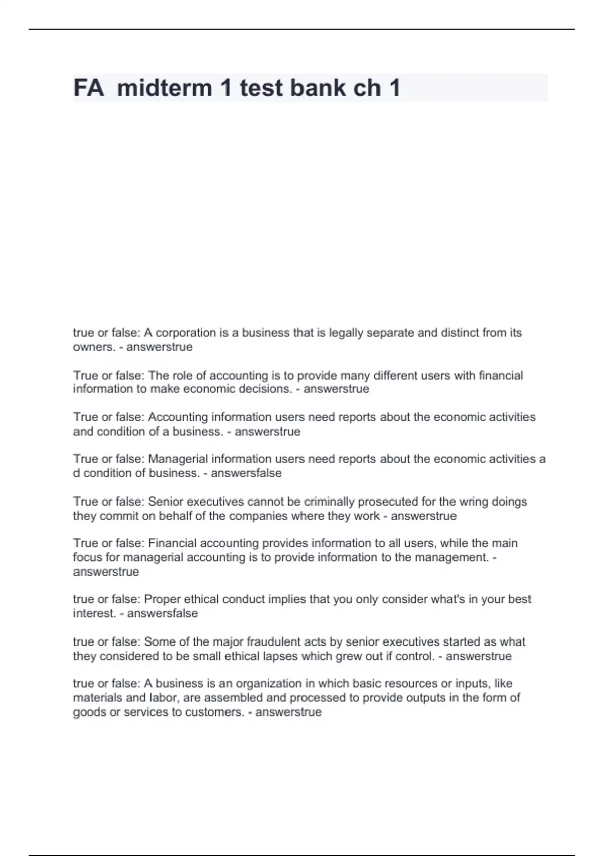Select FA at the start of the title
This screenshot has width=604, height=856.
[89, 88]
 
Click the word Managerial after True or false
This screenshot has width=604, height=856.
[178, 459]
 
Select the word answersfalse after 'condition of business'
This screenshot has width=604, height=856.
[246, 473]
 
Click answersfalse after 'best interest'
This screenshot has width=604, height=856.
[163, 613]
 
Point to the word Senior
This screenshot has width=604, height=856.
[164, 502]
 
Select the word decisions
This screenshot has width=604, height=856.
[266, 389]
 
